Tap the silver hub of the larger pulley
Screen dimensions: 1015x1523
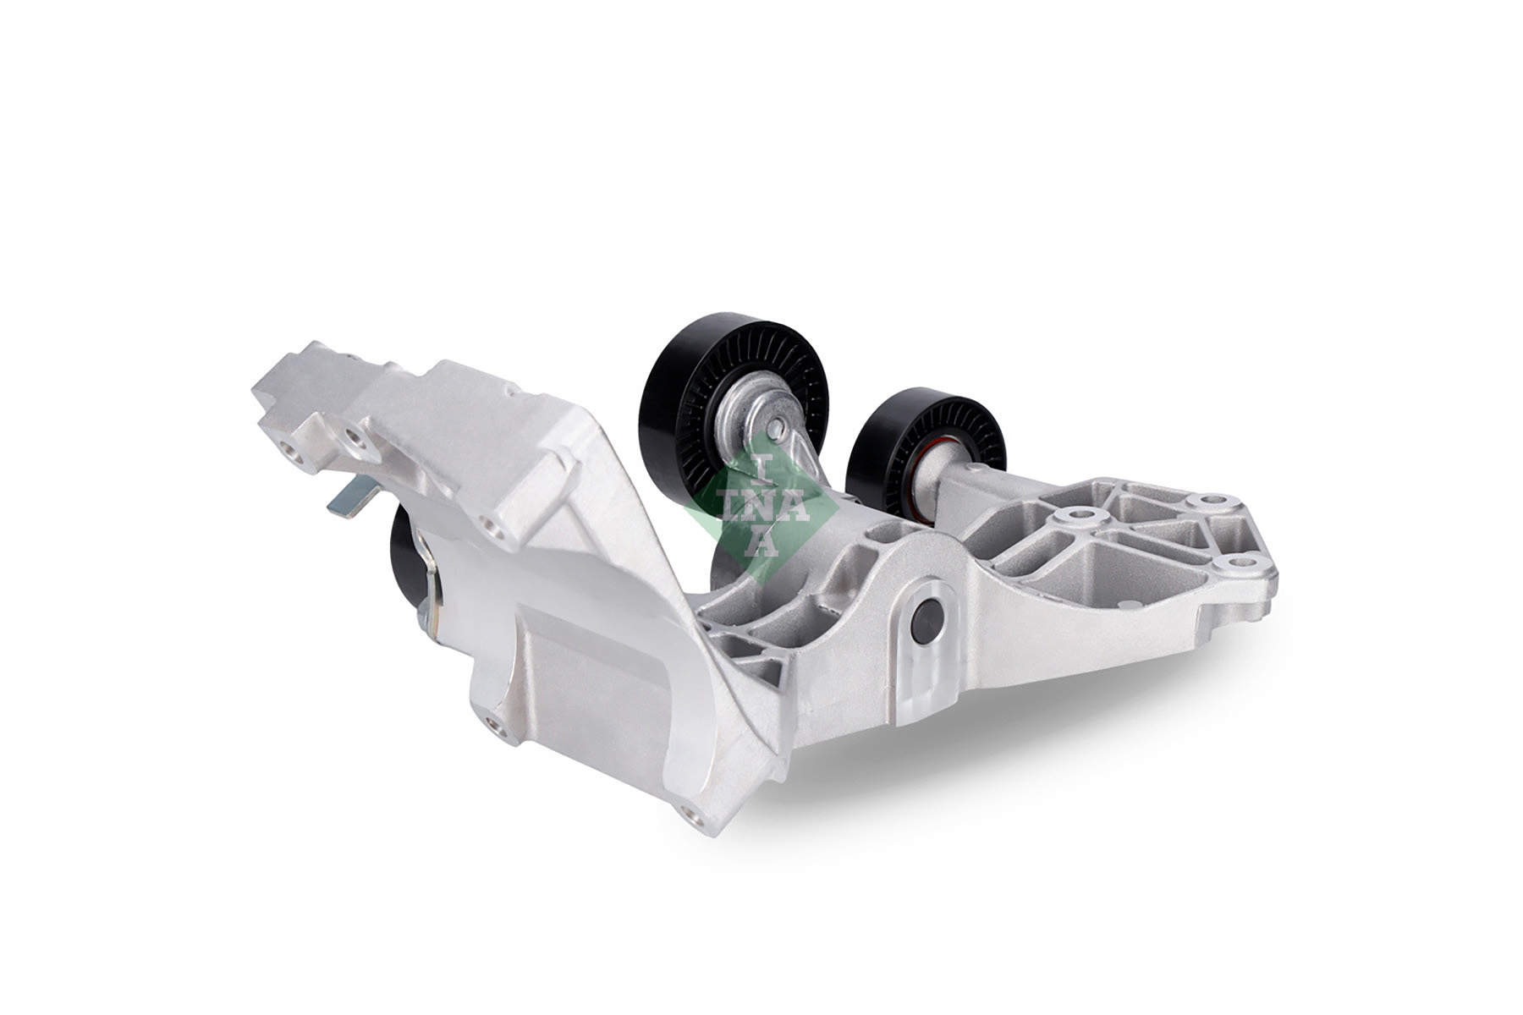pos(745,414)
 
